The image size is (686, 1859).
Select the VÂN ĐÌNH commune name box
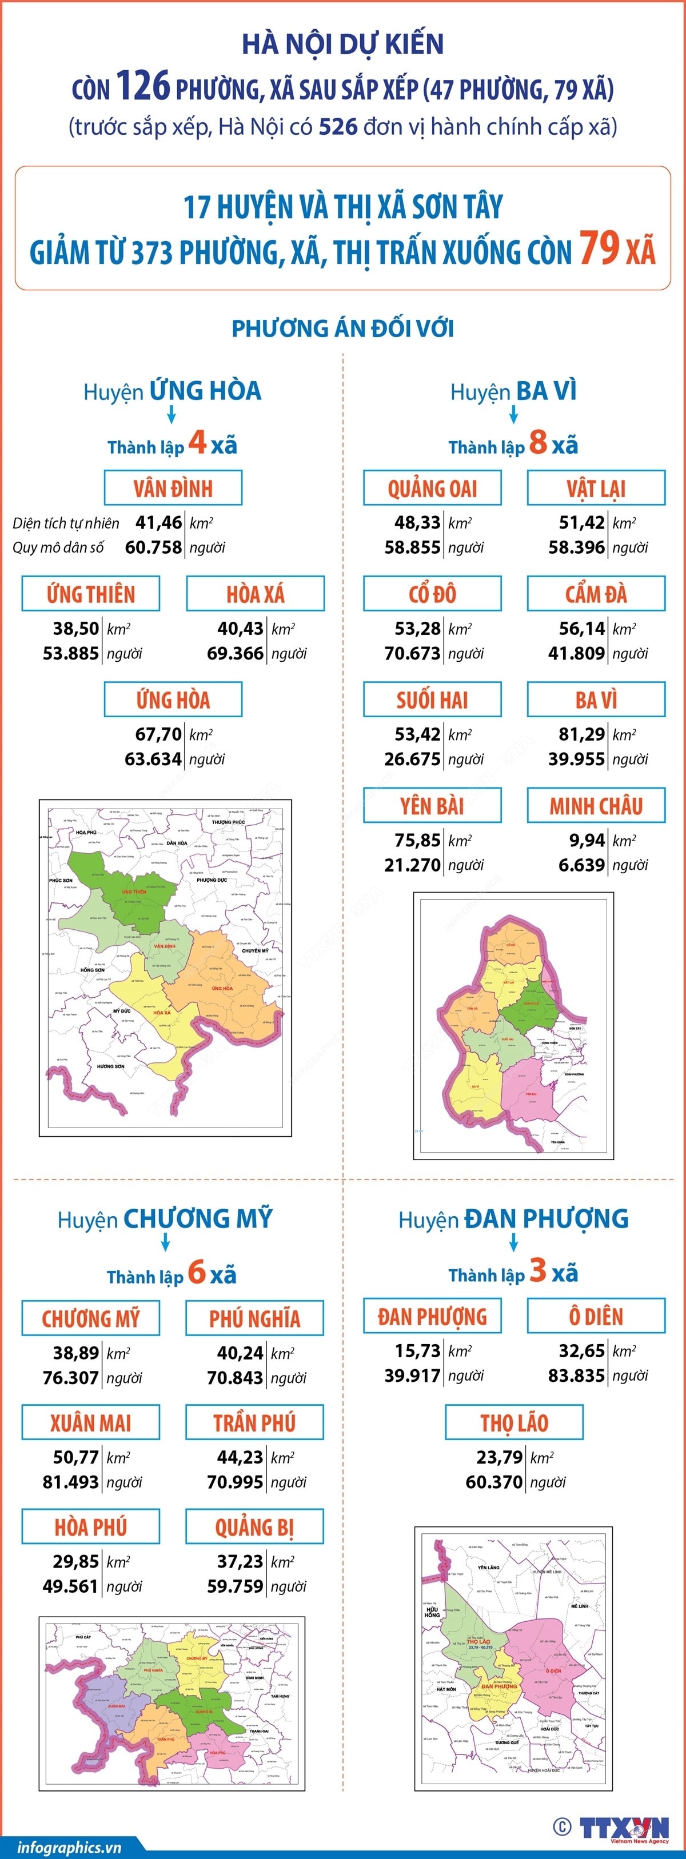tap(173, 489)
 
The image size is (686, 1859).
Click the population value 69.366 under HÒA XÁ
tap(236, 653)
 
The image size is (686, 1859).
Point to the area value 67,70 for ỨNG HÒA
tap(158, 734)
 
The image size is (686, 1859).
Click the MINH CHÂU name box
tap(596, 805)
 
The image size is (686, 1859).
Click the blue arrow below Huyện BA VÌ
tap(513, 414)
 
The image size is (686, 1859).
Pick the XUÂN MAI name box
tap(90, 1422)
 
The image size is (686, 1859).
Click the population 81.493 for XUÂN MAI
tap(71, 1482)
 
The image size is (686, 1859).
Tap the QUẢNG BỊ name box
tap(254, 1527)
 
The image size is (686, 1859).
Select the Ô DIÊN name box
tap(596, 1316)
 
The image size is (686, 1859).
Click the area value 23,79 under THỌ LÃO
tap(499, 1457)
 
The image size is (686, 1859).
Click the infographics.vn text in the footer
tap(69, 1847)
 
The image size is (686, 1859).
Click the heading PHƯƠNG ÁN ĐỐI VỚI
tap(342, 329)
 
